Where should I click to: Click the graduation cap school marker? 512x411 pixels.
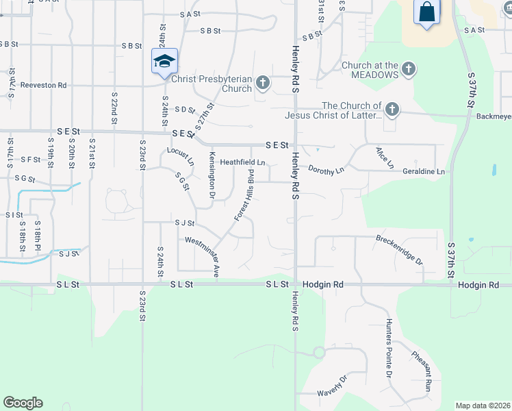pyautogui.click(x=164, y=62)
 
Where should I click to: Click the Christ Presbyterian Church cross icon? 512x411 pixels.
pyautogui.click(x=262, y=84)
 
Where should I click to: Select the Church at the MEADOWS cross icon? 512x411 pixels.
pyautogui.click(x=408, y=68)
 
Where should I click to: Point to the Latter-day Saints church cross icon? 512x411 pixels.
pyautogui.click(x=392, y=109)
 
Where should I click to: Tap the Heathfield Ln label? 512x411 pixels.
pyautogui.click(x=242, y=162)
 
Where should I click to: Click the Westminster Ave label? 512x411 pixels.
pyautogui.click(x=203, y=255)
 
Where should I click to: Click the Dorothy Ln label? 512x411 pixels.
pyautogui.click(x=326, y=169)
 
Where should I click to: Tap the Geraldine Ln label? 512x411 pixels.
pyautogui.click(x=423, y=171)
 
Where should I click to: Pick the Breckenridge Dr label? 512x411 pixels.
pyautogui.click(x=400, y=250)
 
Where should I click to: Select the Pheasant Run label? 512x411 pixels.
pyautogui.click(x=422, y=371)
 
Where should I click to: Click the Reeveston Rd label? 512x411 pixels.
pyautogui.click(x=42, y=85)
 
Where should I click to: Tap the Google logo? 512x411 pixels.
pyautogui.click(x=23, y=403)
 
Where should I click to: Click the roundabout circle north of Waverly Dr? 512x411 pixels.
pyautogui.click(x=318, y=353)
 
